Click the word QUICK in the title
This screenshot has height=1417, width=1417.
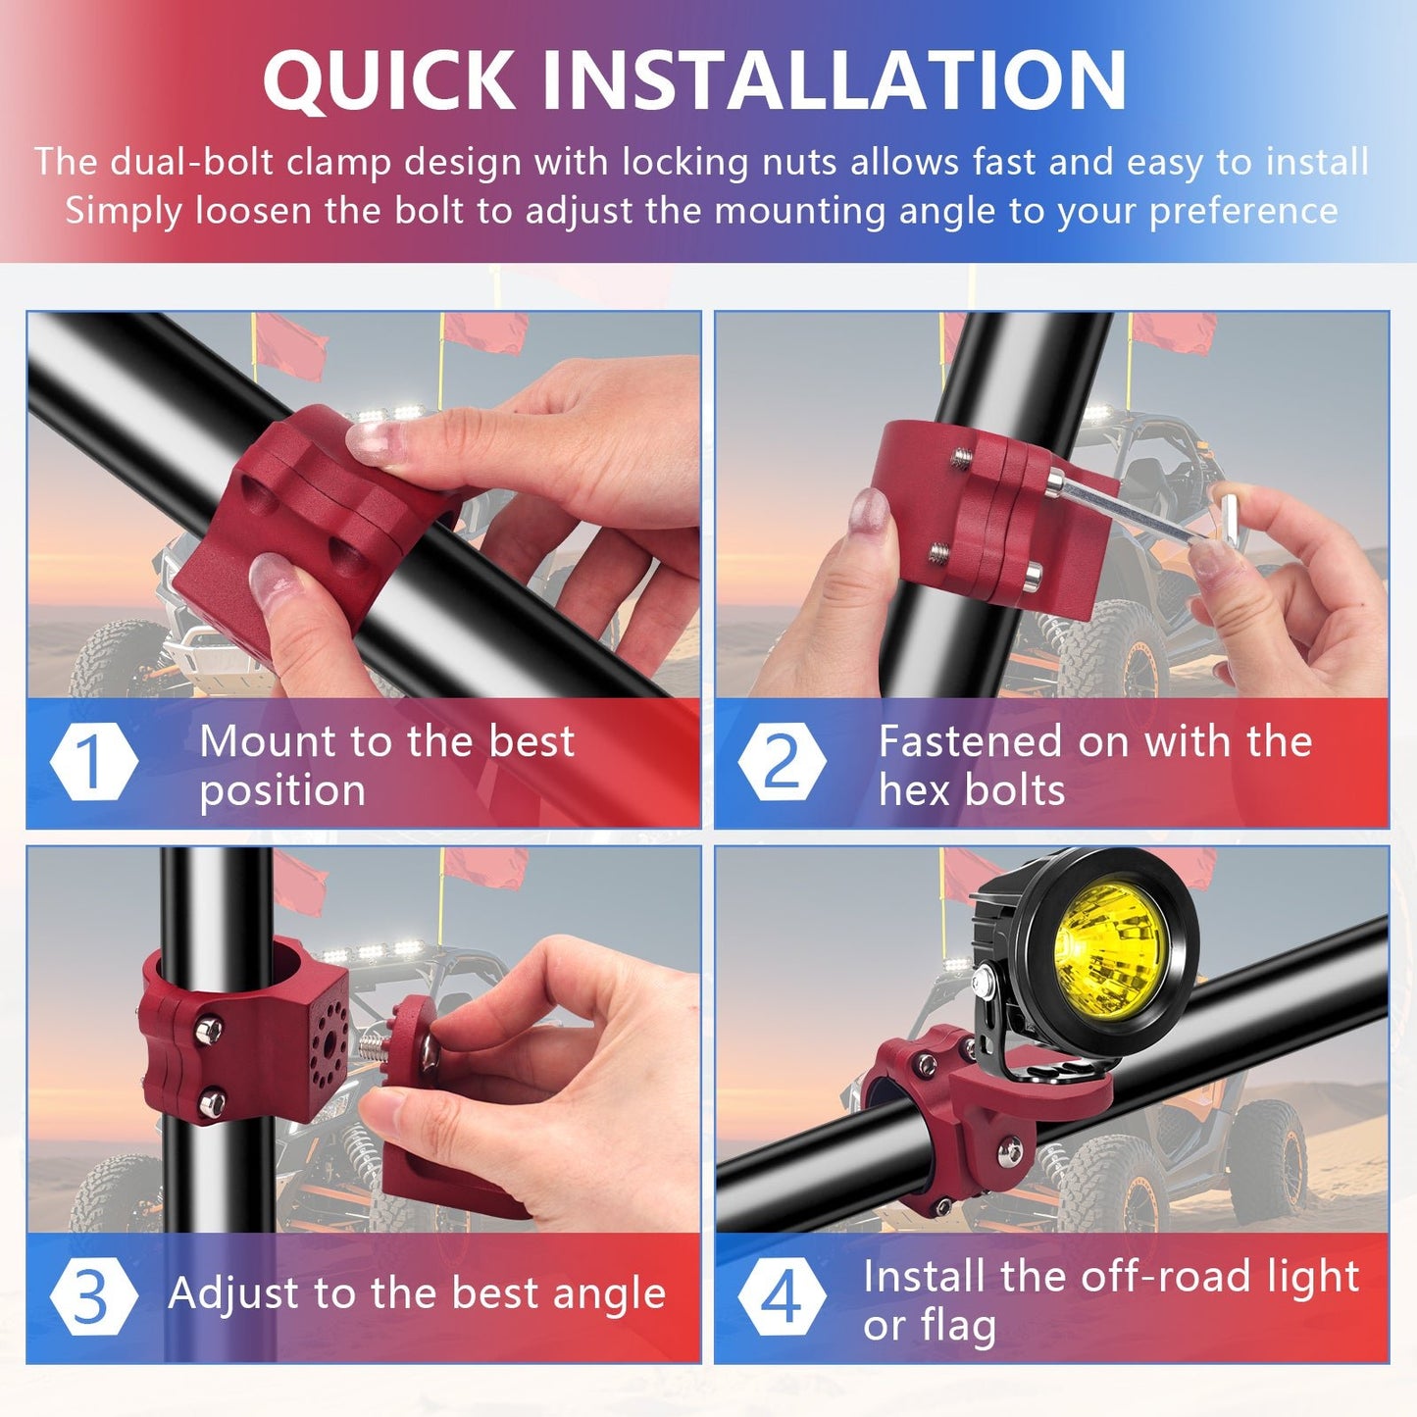(x=388, y=80)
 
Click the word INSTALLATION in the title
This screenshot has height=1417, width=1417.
(x=834, y=80)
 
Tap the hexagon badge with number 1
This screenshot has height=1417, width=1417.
(x=92, y=761)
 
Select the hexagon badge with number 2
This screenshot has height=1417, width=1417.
(x=782, y=761)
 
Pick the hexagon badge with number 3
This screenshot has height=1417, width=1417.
(x=92, y=1295)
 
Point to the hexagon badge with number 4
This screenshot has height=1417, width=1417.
(x=782, y=1295)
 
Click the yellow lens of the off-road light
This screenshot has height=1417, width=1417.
(x=1108, y=945)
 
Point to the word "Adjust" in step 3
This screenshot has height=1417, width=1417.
(x=223, y=1294)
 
